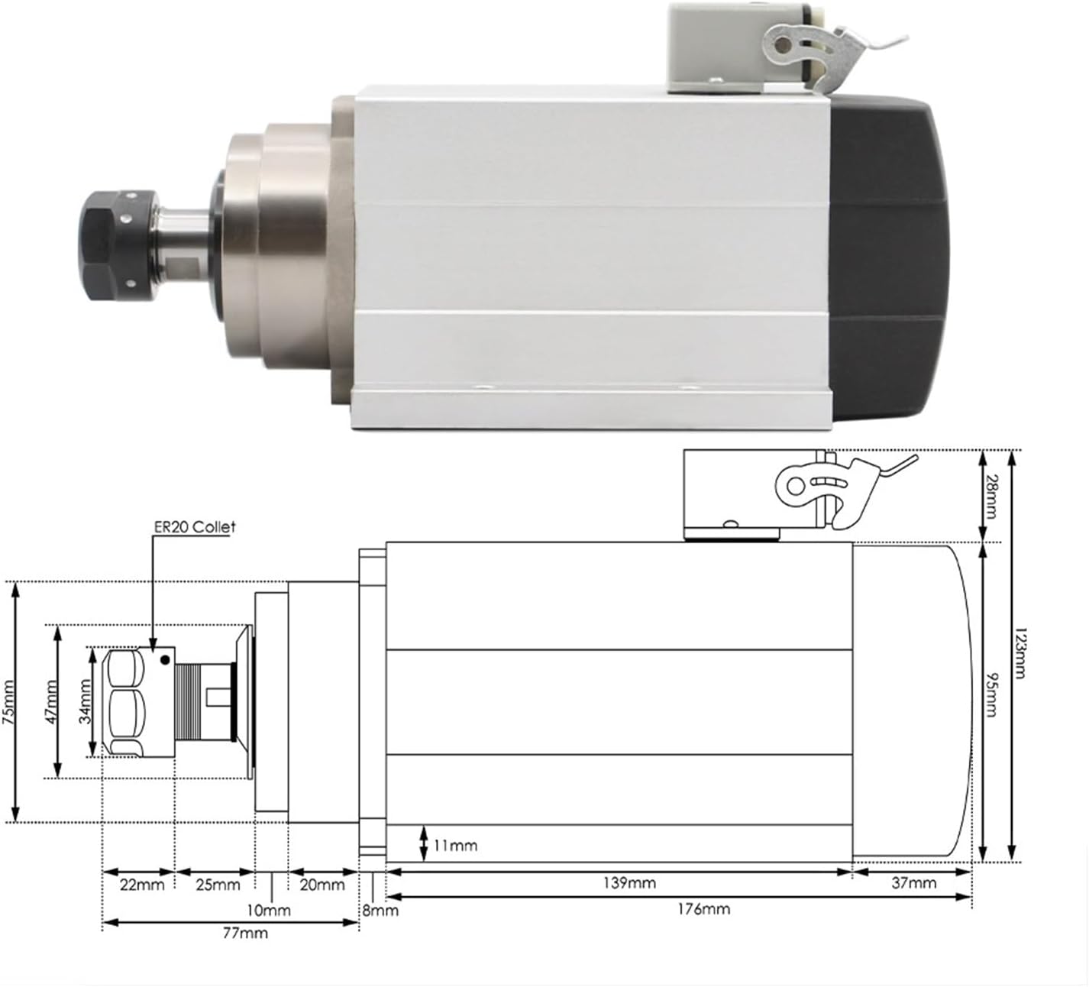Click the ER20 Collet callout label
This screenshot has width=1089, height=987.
[192, 527]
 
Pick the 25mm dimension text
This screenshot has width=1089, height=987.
[218, 885]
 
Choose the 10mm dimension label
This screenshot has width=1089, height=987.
[268, 911]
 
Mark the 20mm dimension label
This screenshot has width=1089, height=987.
[322, 885]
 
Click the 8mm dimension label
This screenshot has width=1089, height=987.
[380, 911]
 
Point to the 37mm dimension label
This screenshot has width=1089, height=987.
[913, 884]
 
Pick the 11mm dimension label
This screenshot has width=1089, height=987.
[456, 846]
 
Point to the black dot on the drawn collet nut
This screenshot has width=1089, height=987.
[164, 659]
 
